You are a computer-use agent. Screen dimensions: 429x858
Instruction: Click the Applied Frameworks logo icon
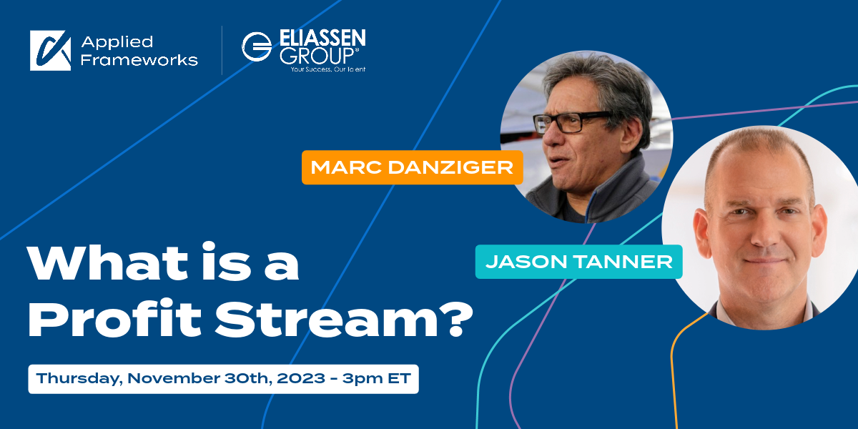[50, 50]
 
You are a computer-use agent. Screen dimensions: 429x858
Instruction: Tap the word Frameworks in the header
[139, 60]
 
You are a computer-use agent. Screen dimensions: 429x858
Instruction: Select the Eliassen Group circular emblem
[256, 46]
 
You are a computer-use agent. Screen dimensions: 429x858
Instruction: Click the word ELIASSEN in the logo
[320, 38]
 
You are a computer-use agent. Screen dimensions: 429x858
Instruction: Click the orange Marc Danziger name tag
[412, 167]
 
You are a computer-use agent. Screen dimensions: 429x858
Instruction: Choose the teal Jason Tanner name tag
[578, 261]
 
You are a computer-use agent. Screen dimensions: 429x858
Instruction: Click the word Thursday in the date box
[78, 378]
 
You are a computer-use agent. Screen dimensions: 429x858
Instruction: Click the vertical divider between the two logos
[222, 50]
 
